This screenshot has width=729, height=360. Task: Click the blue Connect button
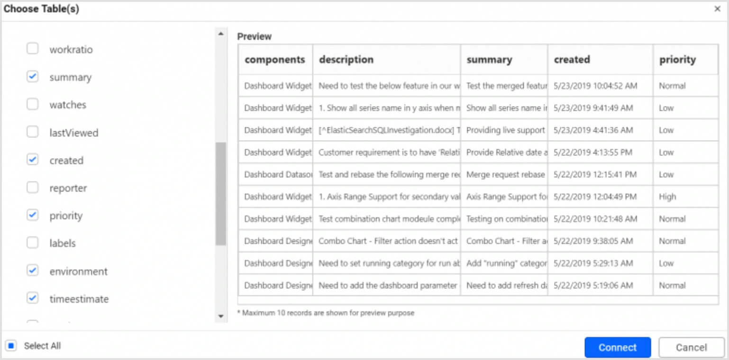(617, 347)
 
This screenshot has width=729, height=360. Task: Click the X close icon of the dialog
(717, 9)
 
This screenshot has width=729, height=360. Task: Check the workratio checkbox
(32, 49)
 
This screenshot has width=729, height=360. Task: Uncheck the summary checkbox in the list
(32, 77)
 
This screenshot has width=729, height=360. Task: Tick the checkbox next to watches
(32, 104)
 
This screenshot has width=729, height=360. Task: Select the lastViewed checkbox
(32, 132)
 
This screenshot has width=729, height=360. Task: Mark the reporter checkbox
(32, 188)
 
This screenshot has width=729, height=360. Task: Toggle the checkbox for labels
(32, 243)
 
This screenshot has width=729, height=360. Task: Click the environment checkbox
(32, 270)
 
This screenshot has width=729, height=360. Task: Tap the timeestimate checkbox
(32, 298)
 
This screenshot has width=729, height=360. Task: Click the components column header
(275, 60)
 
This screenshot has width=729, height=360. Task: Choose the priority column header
(677, 60)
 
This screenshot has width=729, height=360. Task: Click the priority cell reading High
(667, 197)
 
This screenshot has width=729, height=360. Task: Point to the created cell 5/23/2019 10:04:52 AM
(595, 86)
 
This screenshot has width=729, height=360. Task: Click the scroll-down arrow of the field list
(220, 316)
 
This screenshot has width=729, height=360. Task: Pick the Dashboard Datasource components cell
(278, 174)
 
